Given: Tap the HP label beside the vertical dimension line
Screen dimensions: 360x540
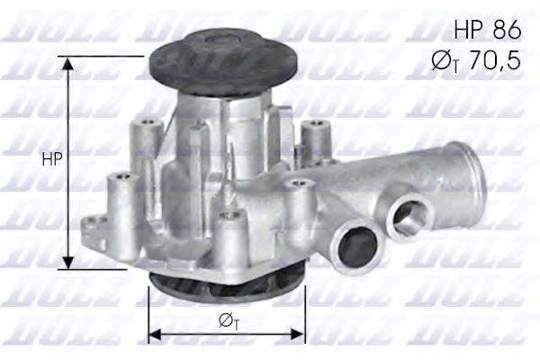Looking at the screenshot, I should coord(52,158).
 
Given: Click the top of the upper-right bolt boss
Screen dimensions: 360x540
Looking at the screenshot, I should coord(314,127).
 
